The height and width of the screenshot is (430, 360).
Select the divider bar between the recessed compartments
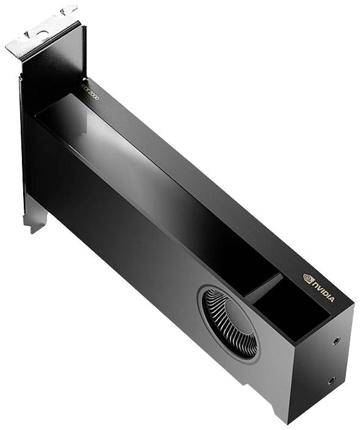click(x=264, y=287)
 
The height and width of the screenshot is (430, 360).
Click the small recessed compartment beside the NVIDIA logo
click(x=287, y=311)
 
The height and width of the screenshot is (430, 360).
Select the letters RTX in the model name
click(x=86, y=90)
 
